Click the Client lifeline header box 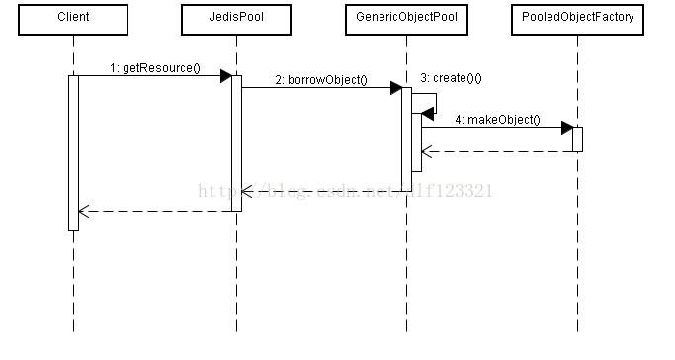coord(73,19)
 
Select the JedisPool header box coord(236,19)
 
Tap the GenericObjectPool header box coord(406,19)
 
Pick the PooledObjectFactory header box coord(577,19)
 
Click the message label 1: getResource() coord(154,68)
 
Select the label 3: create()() coord(451,77)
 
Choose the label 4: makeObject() coord(498,119)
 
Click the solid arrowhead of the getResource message coord(225,76)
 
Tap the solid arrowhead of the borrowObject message coord(395,87)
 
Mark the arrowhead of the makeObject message coord(566,127)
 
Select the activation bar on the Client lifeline coord(73,153)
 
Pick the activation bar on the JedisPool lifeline coord(236,143)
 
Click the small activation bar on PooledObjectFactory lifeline coord(577,138)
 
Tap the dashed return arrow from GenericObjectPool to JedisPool coord(321,191)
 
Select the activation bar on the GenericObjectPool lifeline coord(406,138)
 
